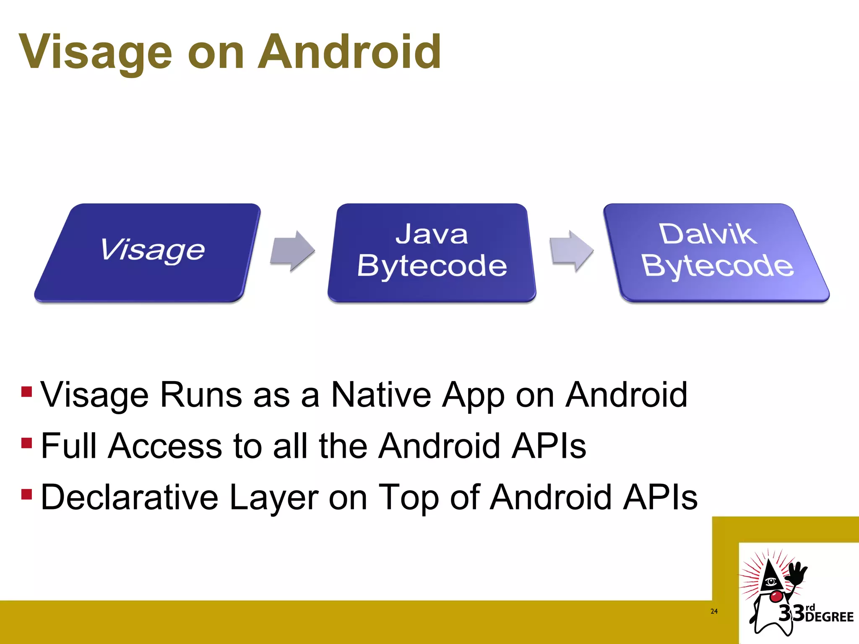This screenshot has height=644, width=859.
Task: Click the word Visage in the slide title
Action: [96, 52]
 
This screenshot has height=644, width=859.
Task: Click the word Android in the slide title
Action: [349, 52]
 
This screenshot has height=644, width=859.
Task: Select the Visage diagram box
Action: [148, 252]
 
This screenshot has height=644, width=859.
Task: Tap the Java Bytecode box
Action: [432, 252]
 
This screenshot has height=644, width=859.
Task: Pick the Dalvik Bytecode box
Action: [716, 252]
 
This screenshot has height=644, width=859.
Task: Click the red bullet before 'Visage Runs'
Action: [26, 392]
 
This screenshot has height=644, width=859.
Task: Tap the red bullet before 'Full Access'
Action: [26, 443]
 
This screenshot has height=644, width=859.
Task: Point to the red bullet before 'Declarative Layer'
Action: [26, 494]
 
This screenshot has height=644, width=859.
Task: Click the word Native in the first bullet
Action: [381, 395]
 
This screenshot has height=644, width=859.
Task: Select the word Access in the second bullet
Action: [165, 446]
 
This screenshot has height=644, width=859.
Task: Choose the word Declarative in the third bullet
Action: [130, 497]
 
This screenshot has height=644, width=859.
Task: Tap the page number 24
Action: [714, 611]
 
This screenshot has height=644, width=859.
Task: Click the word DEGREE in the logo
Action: [830, 617]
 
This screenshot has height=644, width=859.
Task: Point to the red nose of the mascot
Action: [776, 596]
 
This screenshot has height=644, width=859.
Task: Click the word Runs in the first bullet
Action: [201, 395]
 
